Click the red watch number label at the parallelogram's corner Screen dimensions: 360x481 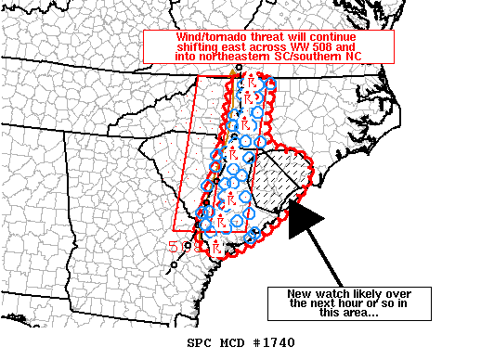pyautogui.click(x=175, y=246)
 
